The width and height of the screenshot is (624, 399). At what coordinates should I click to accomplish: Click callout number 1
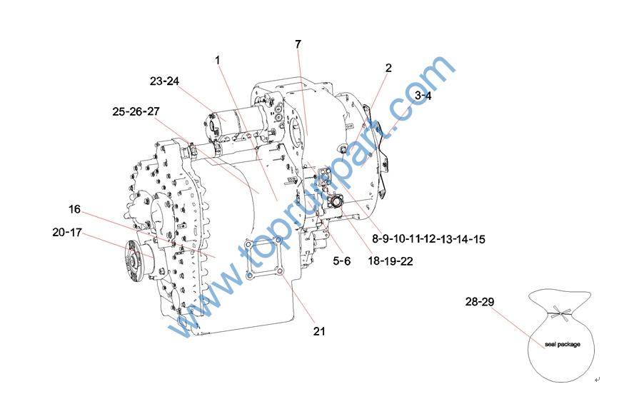pyautogui.click(x=217, y=60)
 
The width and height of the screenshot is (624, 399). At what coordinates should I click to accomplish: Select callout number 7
pyautogui.click(x=298, y=44)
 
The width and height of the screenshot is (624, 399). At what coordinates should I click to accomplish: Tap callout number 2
pyautogui.click(x=388, y=68)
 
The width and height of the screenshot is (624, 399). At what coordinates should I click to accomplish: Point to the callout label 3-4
pyautogui.click(x=423, y=96)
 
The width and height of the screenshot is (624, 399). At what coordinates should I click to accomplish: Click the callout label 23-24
pyautogui.click(x=164, y=81)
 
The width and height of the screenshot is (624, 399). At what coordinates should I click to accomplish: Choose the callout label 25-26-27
pyautogui.click(x=136, y=111)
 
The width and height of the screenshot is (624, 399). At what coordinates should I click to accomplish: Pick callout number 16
pyautogui.click(x=74, y=209)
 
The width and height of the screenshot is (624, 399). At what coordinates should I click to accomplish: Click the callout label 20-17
pyautogui.click(x=67, y=232)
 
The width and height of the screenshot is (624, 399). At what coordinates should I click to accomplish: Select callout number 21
pyautogui.click(x=319, y=331)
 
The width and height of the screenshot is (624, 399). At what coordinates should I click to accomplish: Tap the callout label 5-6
pyautogui.click(x=342, y=261)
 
